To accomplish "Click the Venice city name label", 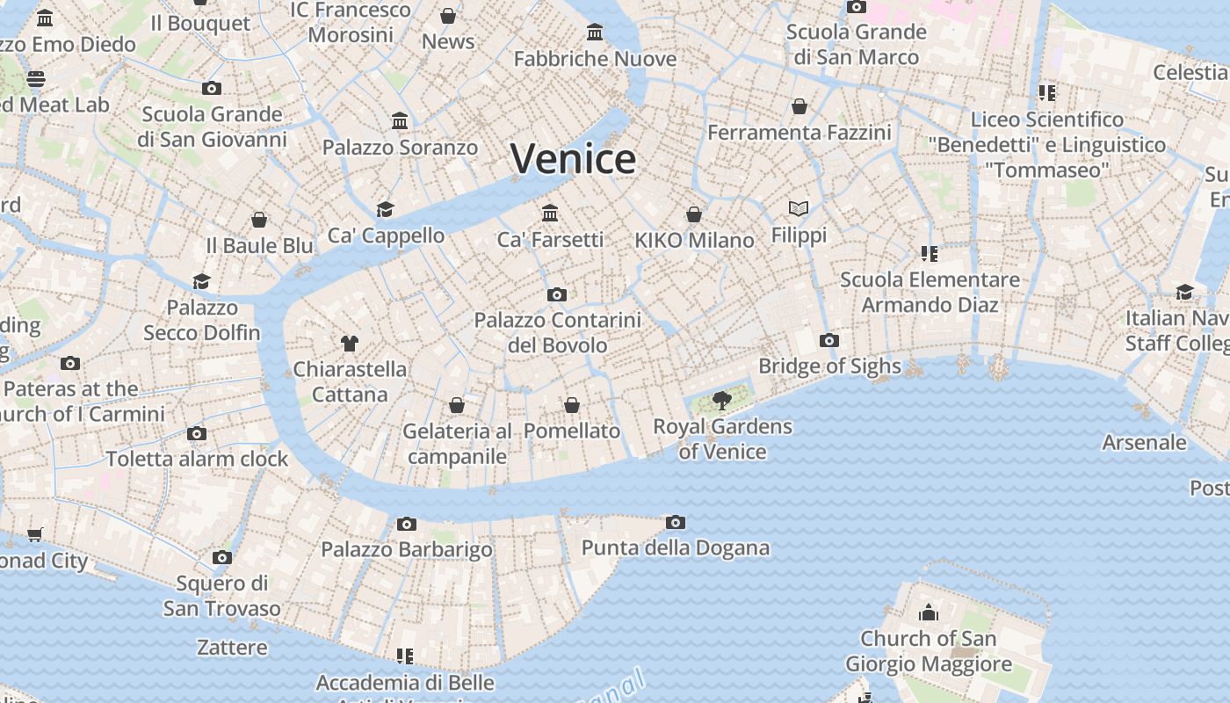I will click(573, 159).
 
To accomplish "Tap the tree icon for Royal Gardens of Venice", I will click(722, 401).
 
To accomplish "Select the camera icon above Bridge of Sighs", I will click(828, 340).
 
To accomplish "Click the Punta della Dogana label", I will click(675, 548).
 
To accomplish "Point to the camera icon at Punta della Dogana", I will click(675, 522).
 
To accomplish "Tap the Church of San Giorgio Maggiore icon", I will click(928, 612).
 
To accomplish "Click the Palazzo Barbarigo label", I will click(406, 550).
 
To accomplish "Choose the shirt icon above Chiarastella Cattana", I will click(350, 343).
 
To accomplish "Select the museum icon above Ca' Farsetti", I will click(550, 213).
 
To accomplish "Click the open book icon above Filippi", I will click(798, 208).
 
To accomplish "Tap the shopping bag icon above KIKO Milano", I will click(694, 214).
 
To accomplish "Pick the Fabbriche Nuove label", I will click(595, 59).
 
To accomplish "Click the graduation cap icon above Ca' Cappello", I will click(385, 209).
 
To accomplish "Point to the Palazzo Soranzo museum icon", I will click(400, 120).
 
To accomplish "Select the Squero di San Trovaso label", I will click(221, 596).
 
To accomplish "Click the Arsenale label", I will click(1144, 442).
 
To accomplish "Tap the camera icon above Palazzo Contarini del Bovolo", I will click(556, 294).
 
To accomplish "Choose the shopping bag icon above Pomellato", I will click(572, 405).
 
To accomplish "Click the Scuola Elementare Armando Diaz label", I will click(930, 292).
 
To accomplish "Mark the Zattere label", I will click(232, 648).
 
